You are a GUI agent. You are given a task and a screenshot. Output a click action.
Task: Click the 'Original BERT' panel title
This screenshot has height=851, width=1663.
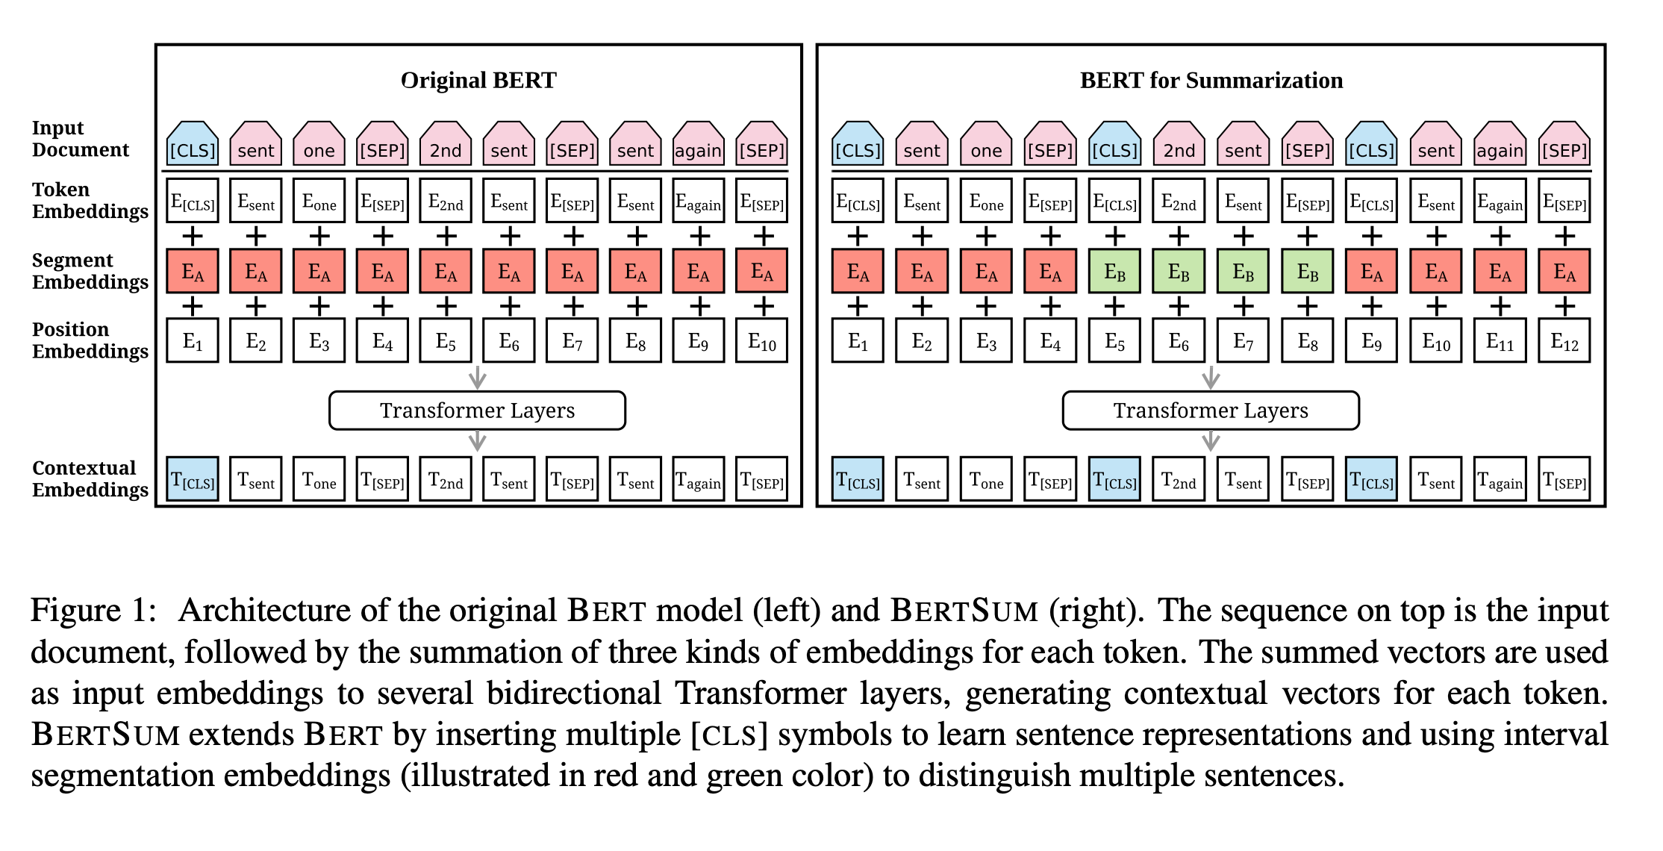pos(478,81)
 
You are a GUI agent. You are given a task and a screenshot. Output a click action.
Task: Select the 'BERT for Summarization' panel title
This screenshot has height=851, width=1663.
pos(1211,81)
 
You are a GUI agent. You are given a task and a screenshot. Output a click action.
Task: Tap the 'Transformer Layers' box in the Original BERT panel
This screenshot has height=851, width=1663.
pos(477,411)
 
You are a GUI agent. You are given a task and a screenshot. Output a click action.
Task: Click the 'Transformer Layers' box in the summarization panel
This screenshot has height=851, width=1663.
pos(1210,411)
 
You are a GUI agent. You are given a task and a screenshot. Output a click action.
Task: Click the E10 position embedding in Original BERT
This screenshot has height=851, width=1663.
pos(762,341)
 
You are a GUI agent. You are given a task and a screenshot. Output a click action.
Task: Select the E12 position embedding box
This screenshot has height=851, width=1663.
pos(1564,341)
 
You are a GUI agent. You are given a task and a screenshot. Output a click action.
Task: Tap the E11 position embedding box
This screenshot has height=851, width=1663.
pos(1500,341)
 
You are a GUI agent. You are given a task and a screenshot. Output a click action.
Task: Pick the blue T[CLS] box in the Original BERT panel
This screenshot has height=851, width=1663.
pos(193,479)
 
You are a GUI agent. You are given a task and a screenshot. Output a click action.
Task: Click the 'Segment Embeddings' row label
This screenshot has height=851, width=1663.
pos(90,271)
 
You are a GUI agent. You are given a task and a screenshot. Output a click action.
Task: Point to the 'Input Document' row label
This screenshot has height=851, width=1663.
pos(80,139)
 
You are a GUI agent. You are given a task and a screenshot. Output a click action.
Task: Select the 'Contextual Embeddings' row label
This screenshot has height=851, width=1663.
pos(90,479)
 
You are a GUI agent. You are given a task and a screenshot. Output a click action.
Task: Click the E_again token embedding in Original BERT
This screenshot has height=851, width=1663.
pos(699,202)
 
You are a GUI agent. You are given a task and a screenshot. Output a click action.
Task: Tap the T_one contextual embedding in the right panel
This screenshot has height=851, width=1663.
pos(986,479)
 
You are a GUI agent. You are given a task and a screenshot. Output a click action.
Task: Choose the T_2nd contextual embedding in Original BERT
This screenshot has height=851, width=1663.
pos(446,479)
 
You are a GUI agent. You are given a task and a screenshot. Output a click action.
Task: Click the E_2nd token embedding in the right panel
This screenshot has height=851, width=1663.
pos(1179,202)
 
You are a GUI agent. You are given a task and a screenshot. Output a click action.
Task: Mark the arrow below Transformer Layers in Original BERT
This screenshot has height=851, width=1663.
pos(477,441)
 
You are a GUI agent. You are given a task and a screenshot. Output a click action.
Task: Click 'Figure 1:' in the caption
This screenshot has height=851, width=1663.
pos(93,611)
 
